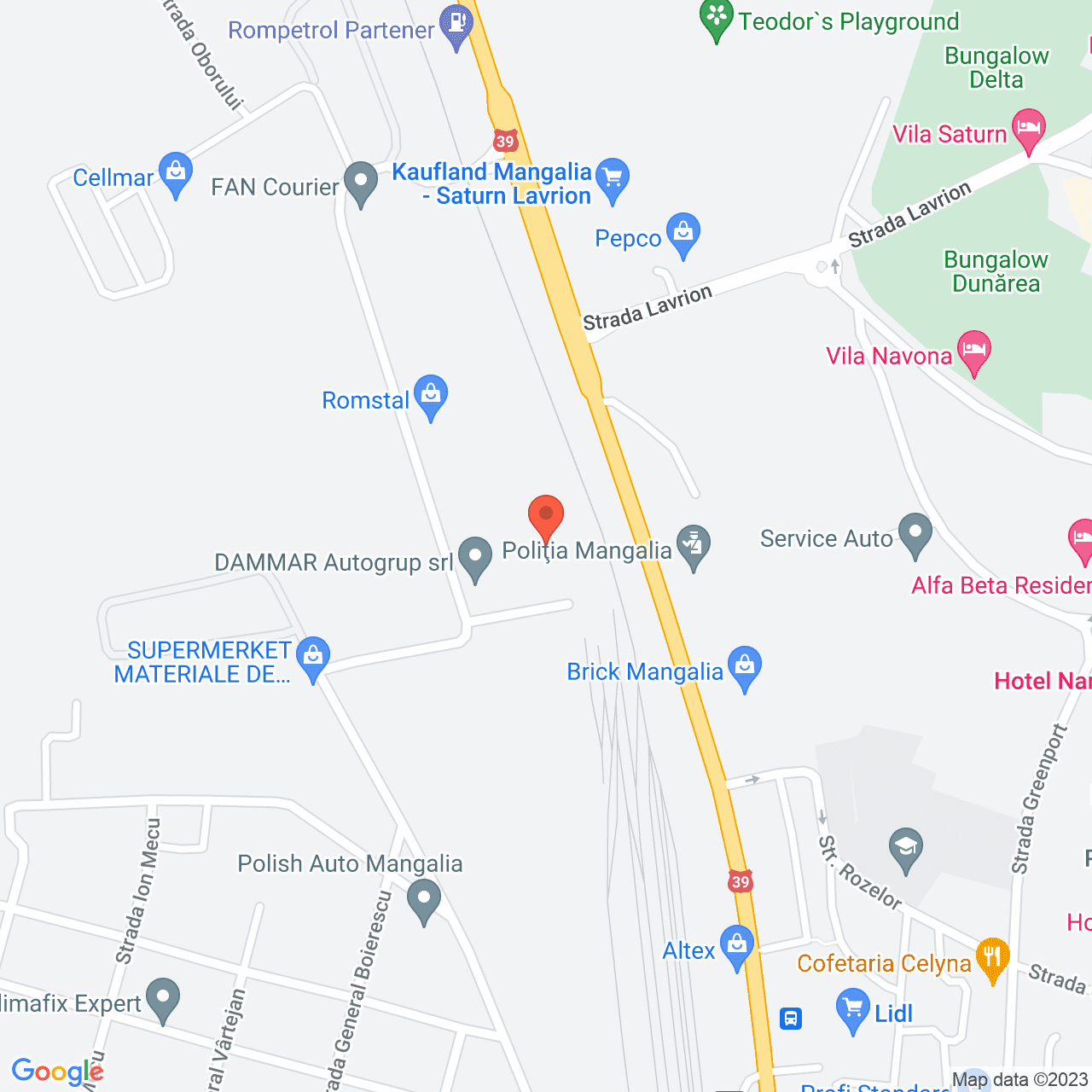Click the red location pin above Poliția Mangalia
pos(546,515)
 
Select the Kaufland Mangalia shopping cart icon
pos(613,179)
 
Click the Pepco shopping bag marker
pos(682,234)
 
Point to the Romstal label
pos(365,400)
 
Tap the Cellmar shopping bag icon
pos(176,174)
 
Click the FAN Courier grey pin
pos(361,183)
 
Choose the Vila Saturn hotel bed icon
pos(1029,130)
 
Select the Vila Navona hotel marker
pos(974,351)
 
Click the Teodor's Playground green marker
pos(717,19)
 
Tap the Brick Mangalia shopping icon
pos(745,666)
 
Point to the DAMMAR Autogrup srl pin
pos(475,558)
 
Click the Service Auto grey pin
pos(915,534)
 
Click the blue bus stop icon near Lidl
pos(791,1018)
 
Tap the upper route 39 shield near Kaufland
pos(506,142)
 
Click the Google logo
pos(57,1072)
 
